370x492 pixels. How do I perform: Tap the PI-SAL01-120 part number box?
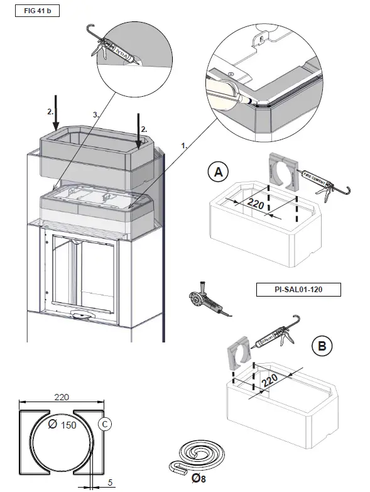tap(299, 290)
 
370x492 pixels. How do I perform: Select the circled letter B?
tap(321, 346)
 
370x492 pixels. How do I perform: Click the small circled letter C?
tap(105, 425)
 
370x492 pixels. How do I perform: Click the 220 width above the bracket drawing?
tap(60, 396)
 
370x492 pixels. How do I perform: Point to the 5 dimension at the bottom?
tap(111, 483)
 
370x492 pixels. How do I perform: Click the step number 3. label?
tap(96, 115)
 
